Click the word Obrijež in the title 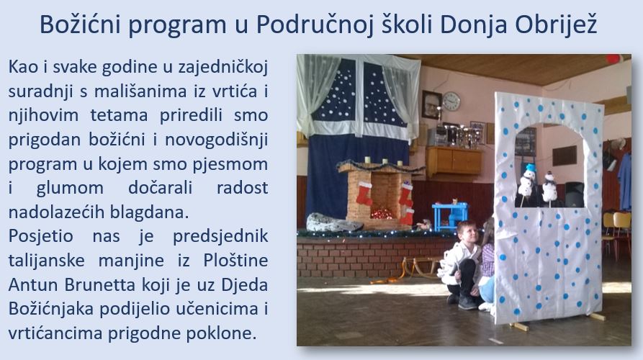(556, 25)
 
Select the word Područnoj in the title (315, 25)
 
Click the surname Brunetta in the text (99, 284)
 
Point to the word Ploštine (235, 261)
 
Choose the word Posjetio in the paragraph (40, 236)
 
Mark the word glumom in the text (70, 188)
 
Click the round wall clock (451, 102)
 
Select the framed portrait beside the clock (431, 105)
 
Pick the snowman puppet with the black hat (549, 187)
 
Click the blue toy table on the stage (450, 216)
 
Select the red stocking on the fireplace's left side (364, 193)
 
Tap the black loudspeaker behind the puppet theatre (574, 194)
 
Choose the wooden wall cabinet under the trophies (454, 161)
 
